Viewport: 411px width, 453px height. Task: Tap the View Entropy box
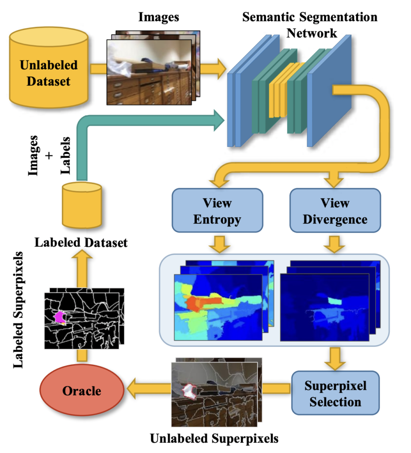[x=217, y=211]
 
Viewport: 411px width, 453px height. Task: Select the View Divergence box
[x=335, y=211]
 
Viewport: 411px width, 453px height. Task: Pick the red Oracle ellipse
[x=81, y=391]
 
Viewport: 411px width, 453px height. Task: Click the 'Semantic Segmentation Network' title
[x=309, y=25]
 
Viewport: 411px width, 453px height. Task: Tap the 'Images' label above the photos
[x=159, y=17]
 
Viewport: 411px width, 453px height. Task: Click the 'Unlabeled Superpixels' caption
[x=214, y=439]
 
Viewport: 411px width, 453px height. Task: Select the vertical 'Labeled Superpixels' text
[x=19, y=310]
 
